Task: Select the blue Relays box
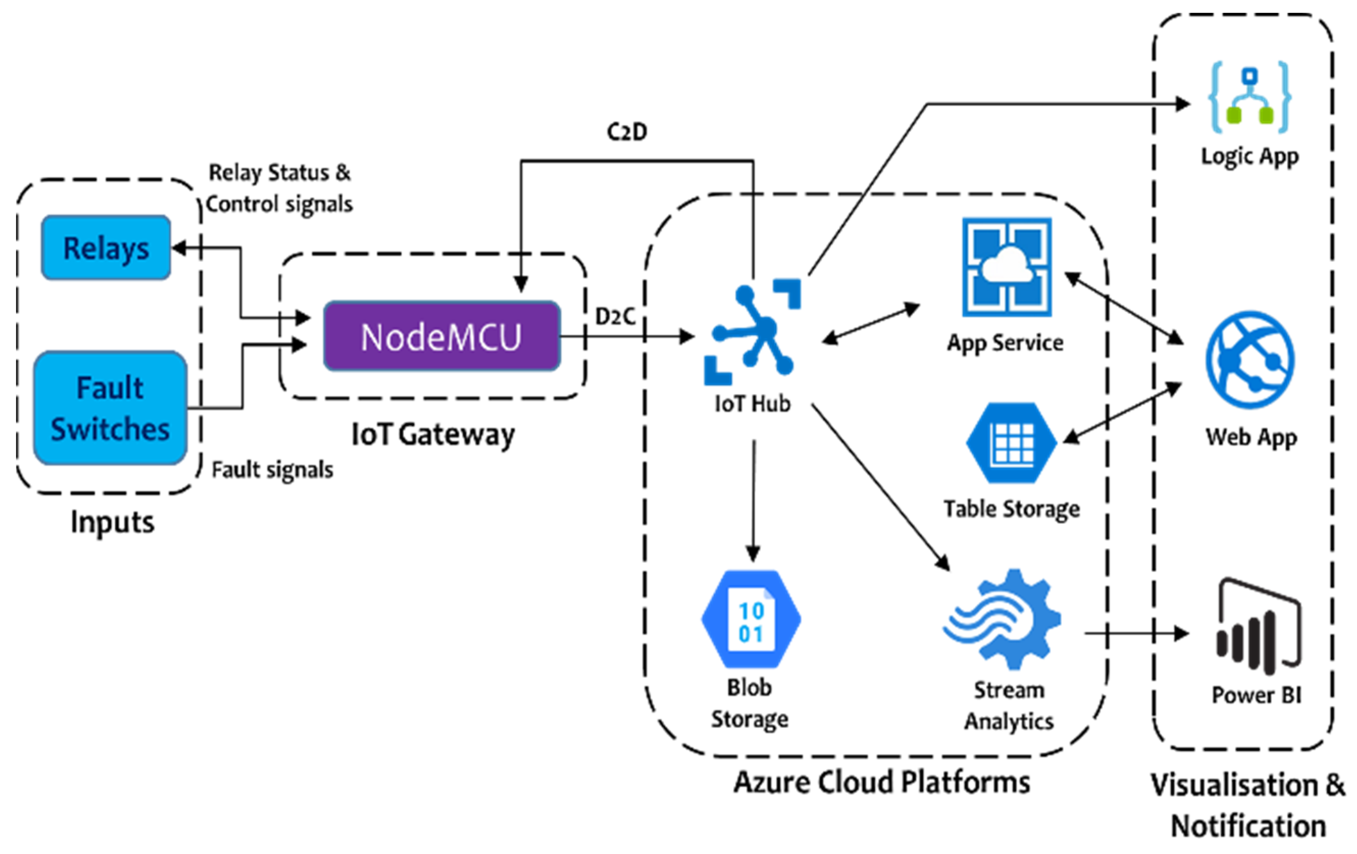coord(106,248)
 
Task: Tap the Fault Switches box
coord(110,408)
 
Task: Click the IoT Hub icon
coord(752,332)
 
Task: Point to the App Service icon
coord(1007,267)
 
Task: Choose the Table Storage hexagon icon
coord(1012,443)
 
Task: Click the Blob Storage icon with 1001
coord(751,620)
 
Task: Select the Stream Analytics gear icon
coord(1003,620)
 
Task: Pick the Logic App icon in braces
coord(1249,98)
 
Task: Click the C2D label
coord(627,132)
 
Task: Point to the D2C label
coord(615,316)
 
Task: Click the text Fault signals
coord(272,470)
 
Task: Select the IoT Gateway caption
coord(433,435)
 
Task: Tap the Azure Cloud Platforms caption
coord(882,782)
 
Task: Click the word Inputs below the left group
coord(112,522)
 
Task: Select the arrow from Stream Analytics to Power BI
coord(1135,633)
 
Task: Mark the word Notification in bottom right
coord(1248,826)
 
